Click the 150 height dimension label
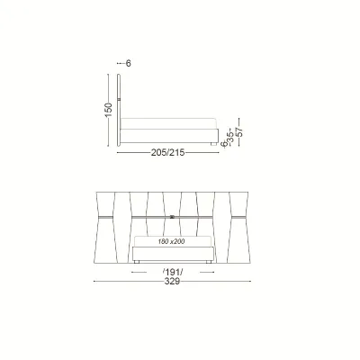[x=109, y=110]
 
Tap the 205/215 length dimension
[x=167, y=153]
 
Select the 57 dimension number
[x=240, y=132]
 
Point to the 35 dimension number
[x=231, y=137]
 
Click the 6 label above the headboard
[x=129, y=63]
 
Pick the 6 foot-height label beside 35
[x=223, y=144]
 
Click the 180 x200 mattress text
[x=171, y=241]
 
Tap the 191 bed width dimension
[x=173, y=272]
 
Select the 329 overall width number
[x=172, y=282]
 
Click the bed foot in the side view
[x=213, y=144]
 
